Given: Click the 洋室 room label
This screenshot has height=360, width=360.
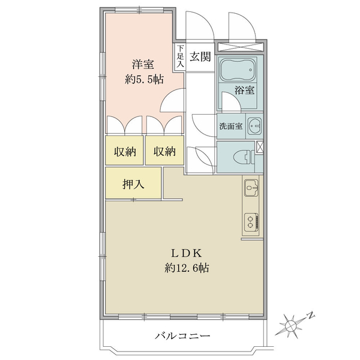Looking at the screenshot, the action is point(143,64).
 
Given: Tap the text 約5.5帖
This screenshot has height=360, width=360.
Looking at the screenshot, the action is point(145,79).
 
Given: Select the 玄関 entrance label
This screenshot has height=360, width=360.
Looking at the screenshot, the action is point(200,56).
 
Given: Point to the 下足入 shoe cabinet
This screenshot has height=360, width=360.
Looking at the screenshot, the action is point(181,56).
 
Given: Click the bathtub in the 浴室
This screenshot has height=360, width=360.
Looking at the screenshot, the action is point(238,69).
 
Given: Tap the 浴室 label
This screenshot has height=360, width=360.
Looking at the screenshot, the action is point(245,90).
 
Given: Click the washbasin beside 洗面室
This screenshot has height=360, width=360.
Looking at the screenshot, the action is point(254,125).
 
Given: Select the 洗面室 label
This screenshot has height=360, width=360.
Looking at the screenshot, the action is point(231,126).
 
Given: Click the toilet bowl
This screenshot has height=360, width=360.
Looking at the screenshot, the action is point(243,157).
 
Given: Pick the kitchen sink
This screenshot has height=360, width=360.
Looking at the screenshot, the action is point(251,188).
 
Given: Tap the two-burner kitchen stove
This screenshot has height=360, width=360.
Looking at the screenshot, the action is point(251,223).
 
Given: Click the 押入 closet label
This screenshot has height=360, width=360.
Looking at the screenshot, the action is point(133,184).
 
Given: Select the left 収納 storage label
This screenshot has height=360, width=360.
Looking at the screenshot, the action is point(125,152).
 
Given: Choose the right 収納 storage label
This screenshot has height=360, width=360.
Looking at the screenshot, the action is point(164,152).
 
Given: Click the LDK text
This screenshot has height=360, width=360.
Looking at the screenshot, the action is point(187,253).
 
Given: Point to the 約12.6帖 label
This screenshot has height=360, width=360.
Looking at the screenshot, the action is point(187,268).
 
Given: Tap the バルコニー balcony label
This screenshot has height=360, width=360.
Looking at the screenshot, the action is point(182,337).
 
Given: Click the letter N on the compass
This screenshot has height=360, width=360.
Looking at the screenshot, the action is point(311,316).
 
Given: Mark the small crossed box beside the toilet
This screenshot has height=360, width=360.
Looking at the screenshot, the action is point(260,147).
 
